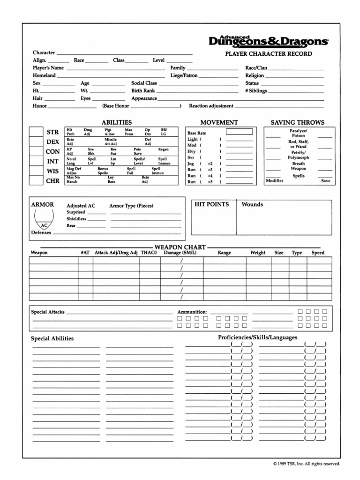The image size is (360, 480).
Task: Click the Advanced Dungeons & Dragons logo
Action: pos(269,41)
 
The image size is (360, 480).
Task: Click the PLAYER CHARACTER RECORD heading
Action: pos(269,54)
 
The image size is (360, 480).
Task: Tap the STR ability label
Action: pos(53,132)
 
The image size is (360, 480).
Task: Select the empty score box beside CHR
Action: pos(36,180)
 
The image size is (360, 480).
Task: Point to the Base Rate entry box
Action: pos(239,132)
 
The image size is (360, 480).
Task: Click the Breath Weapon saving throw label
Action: pos(299,166)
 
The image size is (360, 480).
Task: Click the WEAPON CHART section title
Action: pos(180,247)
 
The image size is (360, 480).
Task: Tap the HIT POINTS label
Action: pos(212,204)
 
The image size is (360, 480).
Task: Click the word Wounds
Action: pos(252,204)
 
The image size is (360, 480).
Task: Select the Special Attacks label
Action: pos(47,312)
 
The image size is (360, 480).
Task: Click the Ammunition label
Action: pos(192,312)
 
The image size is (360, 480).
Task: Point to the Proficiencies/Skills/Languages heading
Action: pos(257,337)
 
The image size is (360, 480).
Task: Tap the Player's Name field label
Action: pos(48,68)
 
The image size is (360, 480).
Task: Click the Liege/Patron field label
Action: pos(184,75)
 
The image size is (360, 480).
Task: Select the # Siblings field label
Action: pos(256,90)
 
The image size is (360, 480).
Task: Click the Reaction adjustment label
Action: pos(211,106)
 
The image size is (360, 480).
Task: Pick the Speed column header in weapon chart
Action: pos(318,253)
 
